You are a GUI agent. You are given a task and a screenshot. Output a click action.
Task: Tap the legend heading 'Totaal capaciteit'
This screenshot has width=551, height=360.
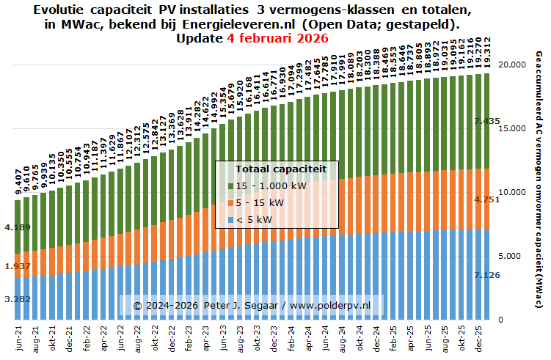click(x=276, y=169)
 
